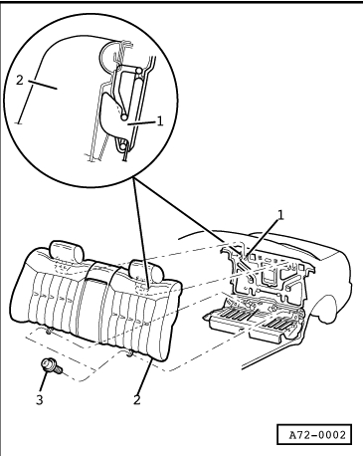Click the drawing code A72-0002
[317, 434]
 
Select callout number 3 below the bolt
[40, 400]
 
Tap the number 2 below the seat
[137, 399]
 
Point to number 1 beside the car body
[280, 215]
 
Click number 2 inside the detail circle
[20, 80]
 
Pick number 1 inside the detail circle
[160, 121]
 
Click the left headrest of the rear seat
[67, 252]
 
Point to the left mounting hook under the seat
[49, 331]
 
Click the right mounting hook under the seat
[129, 352]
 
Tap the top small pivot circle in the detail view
[139, 71]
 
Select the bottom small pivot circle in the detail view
[123, 145]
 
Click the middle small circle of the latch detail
[124, 116]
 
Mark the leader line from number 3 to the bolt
[44, 381]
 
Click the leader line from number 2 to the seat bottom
[143, 376]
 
